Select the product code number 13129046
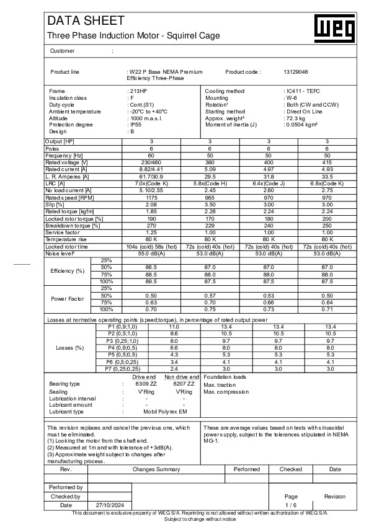tap(295, 72)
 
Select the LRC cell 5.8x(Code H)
tap(210, 183)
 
